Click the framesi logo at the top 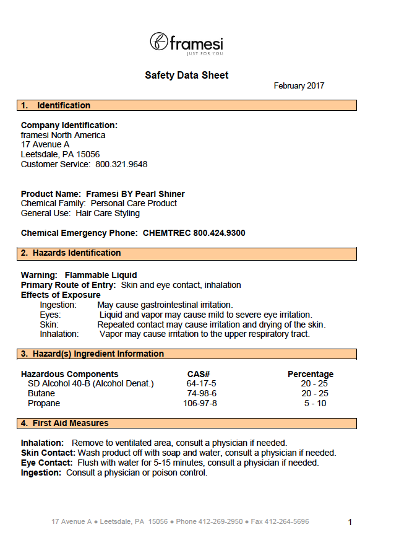point(186,43)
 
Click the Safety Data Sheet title point(187,76)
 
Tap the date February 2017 point(299,86)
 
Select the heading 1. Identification point(56,106)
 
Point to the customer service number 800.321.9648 point(121,164)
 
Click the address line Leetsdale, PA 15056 point(60,154)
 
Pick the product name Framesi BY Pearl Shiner point(135,194)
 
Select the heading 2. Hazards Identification point(71,253)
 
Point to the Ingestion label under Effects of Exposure point(58,305)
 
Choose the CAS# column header point(199,374)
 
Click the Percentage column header point(311,374)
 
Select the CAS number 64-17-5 point(201,384)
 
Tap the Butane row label point(41,394)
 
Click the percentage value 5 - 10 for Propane point(315,404)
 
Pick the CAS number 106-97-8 point(200,404)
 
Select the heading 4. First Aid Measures point(64,424)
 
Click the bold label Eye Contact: point(48,463)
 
